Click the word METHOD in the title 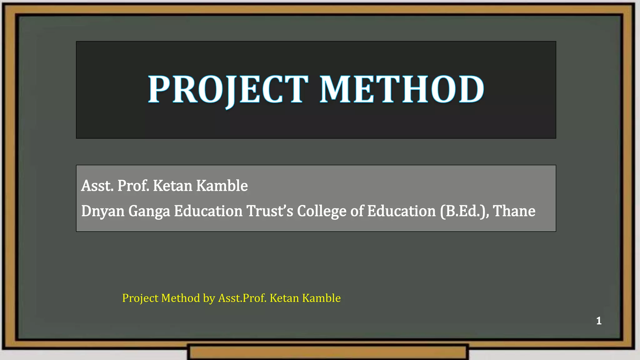(x=402, y=89)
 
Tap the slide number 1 (x=599, y=321)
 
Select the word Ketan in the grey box (x=172, y=186)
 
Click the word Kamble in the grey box (x=222, y=186)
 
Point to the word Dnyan (x=103, y=211)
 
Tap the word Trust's (x=270, y=211)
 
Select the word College (x=322, y=212)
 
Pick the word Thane (x=514, y=211)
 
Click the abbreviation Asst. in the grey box (x=97, y=186)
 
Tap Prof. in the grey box (x=133, y=186)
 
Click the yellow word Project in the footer (x=140, y=298)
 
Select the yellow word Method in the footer (x=181, y=298)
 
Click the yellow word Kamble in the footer (x=321, y=298)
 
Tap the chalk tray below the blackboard (x=328, y=352)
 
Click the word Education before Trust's (x=208, y=211)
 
